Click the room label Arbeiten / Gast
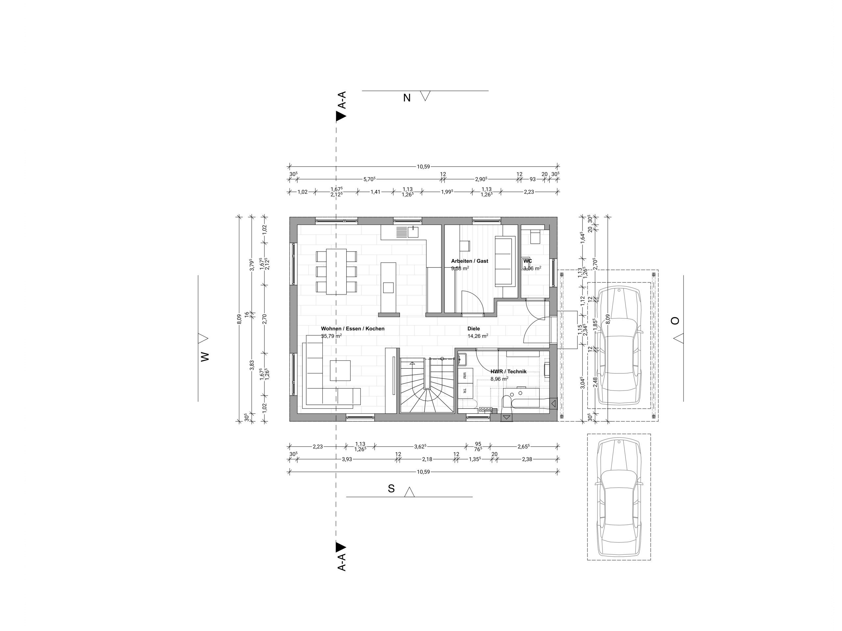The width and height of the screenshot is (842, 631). click(469, 261)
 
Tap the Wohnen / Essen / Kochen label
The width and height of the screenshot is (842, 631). click(353, 329)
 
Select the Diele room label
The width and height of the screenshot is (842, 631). click(474, 329)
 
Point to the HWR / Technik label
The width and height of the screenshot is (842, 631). click(508, 371)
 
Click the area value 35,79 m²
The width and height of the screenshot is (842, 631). click(331, 336)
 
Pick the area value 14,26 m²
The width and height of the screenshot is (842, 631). click(478, 336)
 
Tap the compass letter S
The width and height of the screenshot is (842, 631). click(391, 489)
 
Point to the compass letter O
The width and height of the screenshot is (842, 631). click(675, 321)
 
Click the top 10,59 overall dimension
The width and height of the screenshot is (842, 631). click(423, 166)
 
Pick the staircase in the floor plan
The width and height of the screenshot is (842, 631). click(427, 385)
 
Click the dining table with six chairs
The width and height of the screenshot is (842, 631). click(336, 271)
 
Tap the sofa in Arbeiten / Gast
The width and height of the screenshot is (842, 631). click(505, 261)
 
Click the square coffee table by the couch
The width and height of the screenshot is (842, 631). click(340, 370)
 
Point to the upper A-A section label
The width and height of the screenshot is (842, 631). click(342, 100)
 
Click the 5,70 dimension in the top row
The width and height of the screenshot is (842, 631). click(369, 179)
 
